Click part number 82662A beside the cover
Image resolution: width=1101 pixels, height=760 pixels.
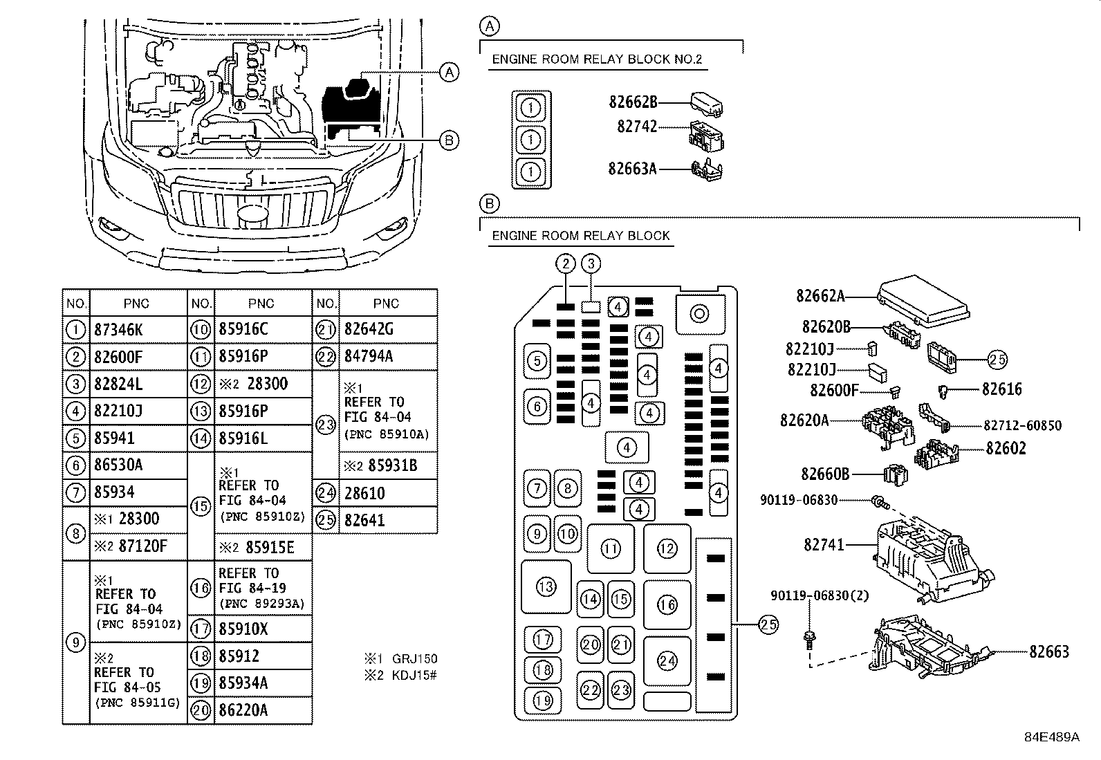(x=820, y=296)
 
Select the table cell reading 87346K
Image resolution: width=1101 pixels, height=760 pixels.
(x=118, y=330)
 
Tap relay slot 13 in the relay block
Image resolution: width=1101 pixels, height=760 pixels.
(x=546, y=587)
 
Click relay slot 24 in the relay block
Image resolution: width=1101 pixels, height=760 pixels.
(x=667, y=661)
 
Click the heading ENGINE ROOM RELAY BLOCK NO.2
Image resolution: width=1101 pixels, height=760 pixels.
(x=597, y=59)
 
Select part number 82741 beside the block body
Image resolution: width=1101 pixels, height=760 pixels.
(x=824, y=545)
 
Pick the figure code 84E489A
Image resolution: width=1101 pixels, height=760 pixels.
(x=1051, y=737)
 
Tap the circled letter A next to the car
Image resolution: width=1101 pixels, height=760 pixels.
(x=449, y=72)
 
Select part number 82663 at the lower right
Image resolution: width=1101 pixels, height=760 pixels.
(x=1048, y=651)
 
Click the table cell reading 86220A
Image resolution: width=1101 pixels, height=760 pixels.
(x=243, y=710)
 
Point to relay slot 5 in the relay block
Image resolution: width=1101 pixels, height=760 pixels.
(x=537, y=360)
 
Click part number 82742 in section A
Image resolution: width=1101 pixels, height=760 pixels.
(x=637, y=127)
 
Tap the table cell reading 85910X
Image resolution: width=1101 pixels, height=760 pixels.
(x=243, y=629)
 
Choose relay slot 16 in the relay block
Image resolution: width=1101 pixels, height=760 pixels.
(x=667, y=605)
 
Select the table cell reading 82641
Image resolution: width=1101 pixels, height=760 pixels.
(x=364, y=520)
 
